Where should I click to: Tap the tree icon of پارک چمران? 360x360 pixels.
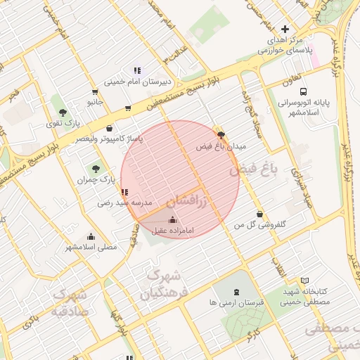[96, 169]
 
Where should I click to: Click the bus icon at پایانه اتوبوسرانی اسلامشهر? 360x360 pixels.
[303, 91]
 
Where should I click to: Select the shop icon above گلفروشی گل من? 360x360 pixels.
[260, 214]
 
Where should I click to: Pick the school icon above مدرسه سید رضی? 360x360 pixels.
[124, 192]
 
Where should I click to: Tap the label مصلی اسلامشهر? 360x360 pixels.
[91, 247]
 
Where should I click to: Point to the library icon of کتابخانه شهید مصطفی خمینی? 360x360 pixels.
[304, 281]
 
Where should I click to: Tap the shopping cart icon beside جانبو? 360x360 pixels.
[95, 91]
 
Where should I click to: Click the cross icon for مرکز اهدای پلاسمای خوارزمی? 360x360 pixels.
[284, 29]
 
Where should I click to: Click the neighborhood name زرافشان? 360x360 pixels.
[188, 201]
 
